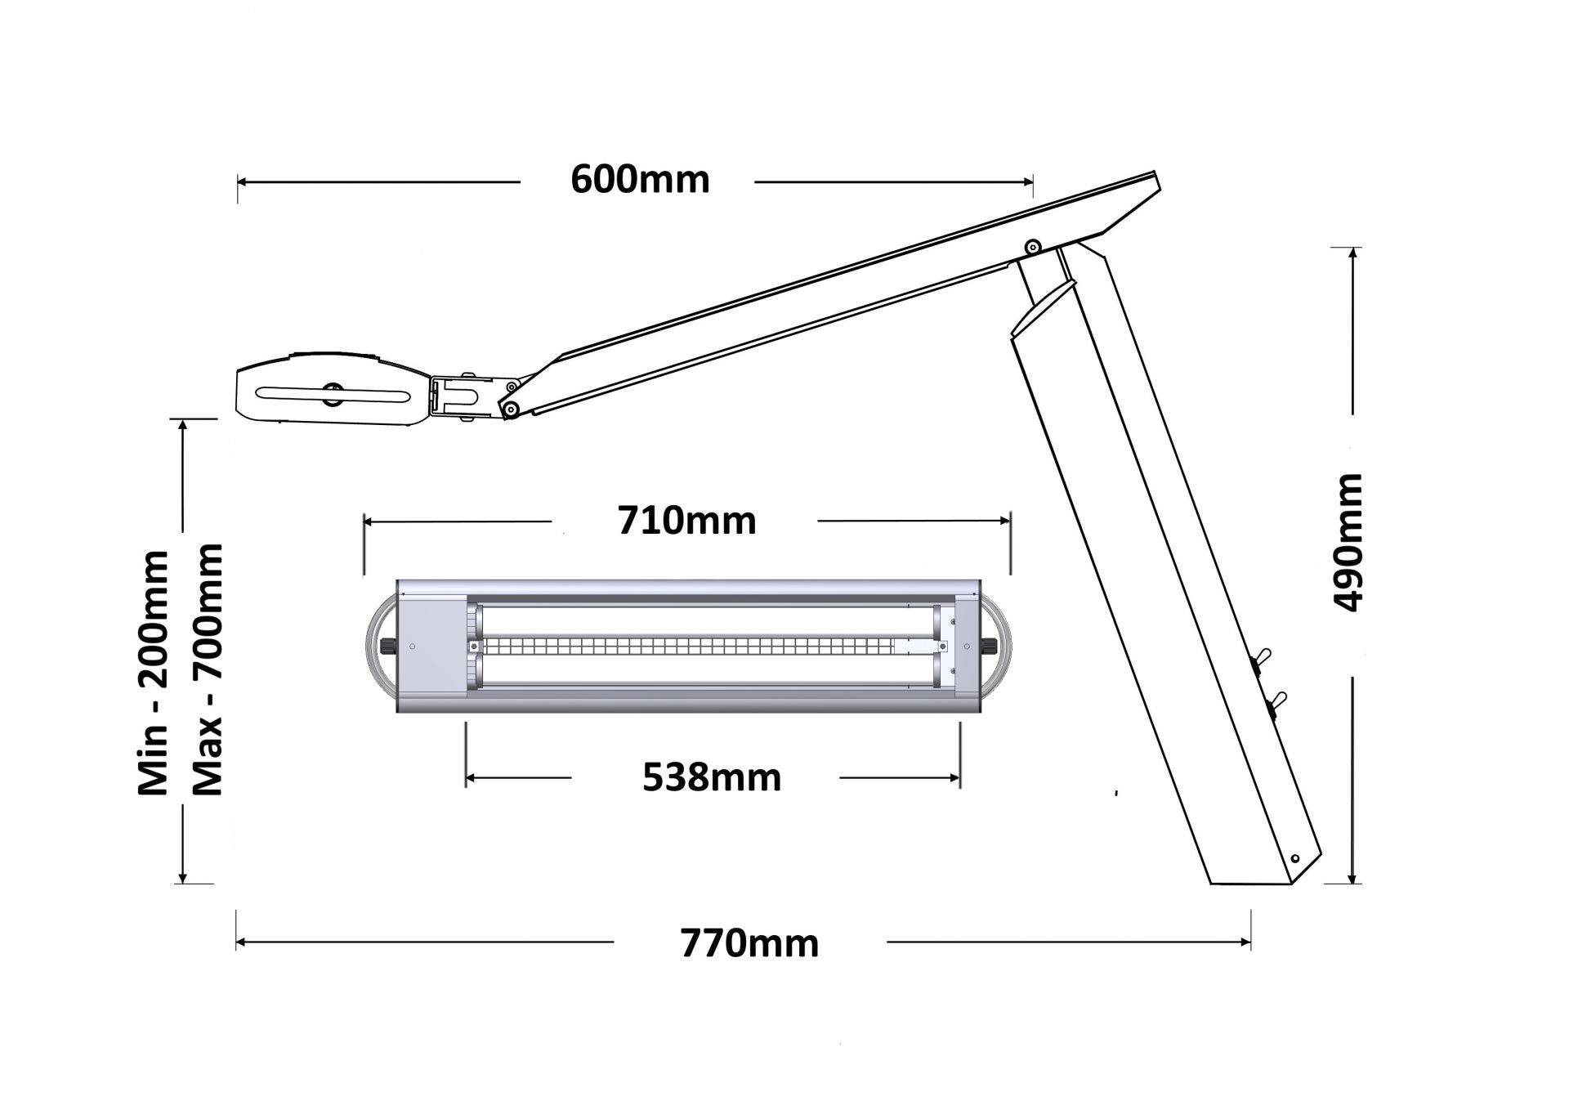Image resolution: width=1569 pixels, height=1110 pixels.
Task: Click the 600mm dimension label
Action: (x=640, y=180)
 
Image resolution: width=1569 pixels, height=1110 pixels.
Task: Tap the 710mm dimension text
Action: (x=686, y=521)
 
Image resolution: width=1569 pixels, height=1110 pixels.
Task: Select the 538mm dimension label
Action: (x=712, y=777)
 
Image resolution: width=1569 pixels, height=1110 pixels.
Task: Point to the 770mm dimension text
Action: (x=749, y=943)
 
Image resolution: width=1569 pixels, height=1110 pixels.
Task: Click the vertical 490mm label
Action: (x=1348, y=542)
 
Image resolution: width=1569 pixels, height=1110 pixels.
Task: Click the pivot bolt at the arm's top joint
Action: (x=1033, y=246)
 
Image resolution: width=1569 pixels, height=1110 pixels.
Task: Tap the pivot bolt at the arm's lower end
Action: (x=510, y=408)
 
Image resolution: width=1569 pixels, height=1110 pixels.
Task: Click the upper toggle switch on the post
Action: (x=1262, y=657)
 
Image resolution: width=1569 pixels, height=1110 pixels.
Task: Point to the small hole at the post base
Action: (x=1295, y=858)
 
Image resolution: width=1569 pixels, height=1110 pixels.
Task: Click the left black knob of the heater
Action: (x=387, y=647)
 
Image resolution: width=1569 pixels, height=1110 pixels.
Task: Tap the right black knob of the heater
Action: (x=990, y=647)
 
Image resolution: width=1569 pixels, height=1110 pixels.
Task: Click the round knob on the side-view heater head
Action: (x=333, y=393)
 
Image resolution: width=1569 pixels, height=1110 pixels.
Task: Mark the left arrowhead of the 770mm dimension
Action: (x=240, y=942)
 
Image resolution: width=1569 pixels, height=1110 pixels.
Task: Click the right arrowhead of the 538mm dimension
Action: (x=955, y=778)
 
